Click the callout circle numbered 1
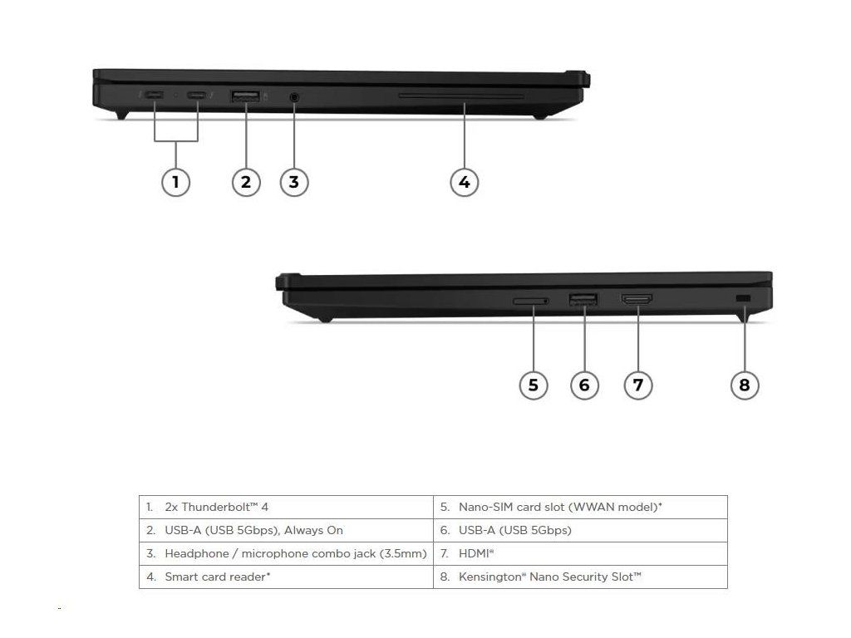click(x=175, y=181)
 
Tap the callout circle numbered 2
click(x=245, y=181)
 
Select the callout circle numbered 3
click(x=294, y=181)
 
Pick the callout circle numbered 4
click(x=465, y=181)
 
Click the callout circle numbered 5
click(x=534, y=385)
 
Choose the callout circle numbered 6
click(x=584, y=385)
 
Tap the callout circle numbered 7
click(x=637, y=385)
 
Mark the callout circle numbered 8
click(x=744, y=385)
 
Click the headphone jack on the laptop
click(x=294, y=97)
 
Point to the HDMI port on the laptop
click(x=637, y=299)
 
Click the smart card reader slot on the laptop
click(x=461, y=96)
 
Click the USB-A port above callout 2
click(x=246, y=97)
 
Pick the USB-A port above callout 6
click(x=583, y=299)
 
